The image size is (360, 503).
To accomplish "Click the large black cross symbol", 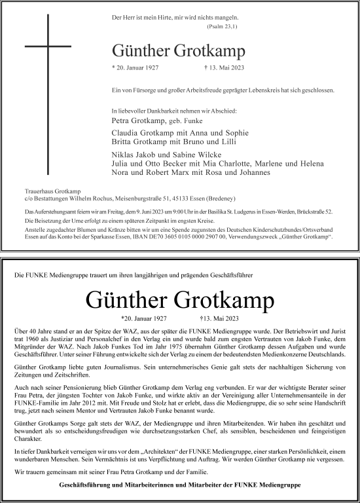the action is pyautogui.click(x=48, y=47).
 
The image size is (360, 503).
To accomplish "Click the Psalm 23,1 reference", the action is pyautogui.click(x=221, y=27).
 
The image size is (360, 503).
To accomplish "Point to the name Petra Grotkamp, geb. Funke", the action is pyautogui.click(x=157, y=121).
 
